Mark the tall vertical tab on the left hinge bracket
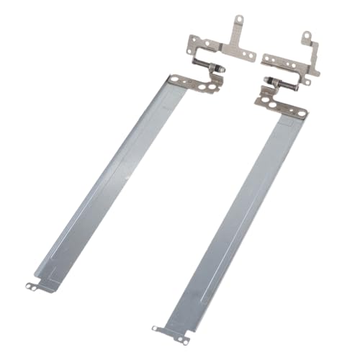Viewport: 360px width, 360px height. click(233, 32)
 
